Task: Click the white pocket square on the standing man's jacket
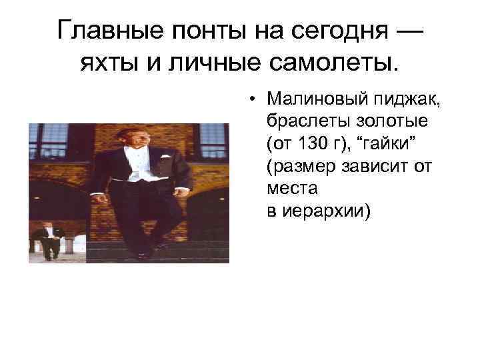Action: point(161,158)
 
